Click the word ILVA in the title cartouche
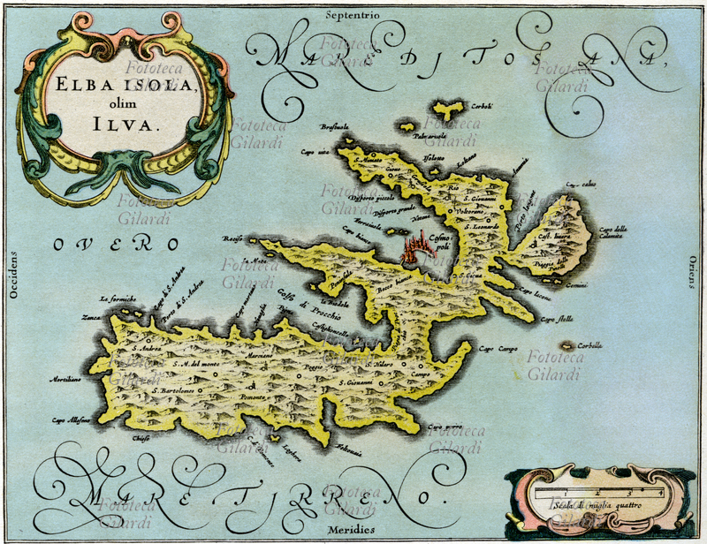click(126, 125)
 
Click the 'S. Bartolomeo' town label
click(173, 389)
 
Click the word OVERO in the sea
click(115, 244)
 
